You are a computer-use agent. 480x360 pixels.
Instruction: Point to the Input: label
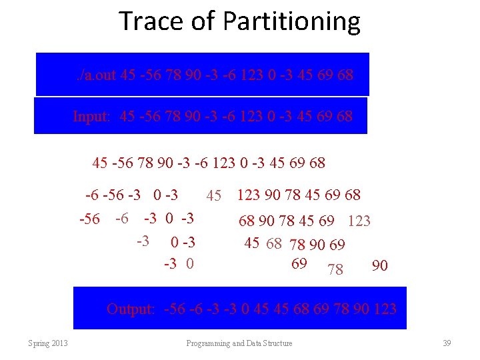92,117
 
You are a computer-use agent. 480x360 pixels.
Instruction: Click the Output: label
131,309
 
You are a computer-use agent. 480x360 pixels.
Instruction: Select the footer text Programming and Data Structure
239,343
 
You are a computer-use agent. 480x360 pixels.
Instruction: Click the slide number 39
447,343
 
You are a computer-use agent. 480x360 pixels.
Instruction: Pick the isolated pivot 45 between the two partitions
213,196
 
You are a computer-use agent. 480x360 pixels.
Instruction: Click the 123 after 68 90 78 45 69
359,221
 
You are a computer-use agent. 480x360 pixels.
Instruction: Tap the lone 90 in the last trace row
379,266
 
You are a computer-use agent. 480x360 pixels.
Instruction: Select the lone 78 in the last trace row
335,269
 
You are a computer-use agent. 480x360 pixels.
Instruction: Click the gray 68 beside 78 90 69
273,243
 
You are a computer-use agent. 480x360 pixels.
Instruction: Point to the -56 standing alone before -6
89,219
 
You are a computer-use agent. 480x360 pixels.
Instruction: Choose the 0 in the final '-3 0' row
190,263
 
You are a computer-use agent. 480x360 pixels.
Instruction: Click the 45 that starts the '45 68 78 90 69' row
251,243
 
